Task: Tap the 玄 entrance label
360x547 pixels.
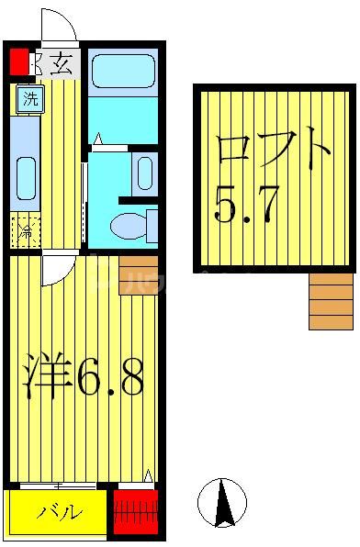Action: [61, 63]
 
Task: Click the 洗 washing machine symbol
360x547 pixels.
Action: [29, 99]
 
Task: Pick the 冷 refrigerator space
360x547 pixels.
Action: [26, 230]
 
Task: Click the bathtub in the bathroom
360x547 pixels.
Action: [123, 72]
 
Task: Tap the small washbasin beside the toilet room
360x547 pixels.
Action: [144, 172]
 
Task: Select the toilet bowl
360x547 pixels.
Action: [129, 224]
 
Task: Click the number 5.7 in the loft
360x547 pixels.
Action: [246, 206]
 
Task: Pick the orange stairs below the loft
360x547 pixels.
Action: [331, 301]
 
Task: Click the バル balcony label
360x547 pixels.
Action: [59, 512]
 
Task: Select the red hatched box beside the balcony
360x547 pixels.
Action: [136, 510]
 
